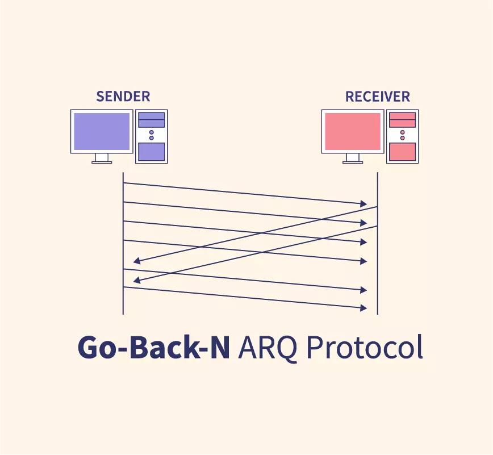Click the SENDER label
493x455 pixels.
pos(123,96)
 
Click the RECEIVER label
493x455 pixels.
pos(377,97)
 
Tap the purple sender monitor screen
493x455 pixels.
pos(102,131)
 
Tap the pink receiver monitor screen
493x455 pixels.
pos(352,131)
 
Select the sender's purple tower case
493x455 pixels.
pos(152,136)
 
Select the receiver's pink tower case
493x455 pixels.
pos(402,136)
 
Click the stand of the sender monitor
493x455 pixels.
pos(102,158)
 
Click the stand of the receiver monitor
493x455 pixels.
pos(352,158)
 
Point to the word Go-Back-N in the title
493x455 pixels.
pos(153,347)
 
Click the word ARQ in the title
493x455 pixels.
pos(268,347)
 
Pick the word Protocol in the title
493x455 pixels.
pos(364,347)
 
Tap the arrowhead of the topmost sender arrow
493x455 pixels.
pos(363,203)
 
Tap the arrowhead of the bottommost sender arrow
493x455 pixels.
pos(363,307)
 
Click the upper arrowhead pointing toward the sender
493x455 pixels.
pos(136,261)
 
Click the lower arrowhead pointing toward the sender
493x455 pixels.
pos(136,280)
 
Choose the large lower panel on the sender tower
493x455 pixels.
pos(152,152)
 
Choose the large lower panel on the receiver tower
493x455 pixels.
pos(402,152)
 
